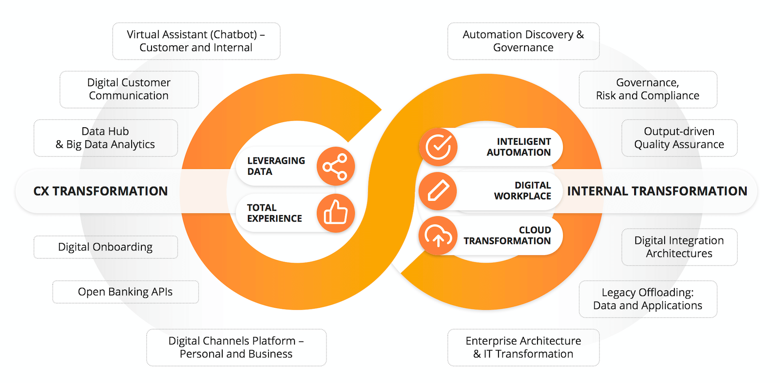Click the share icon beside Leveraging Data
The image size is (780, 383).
pyautogui.click(x=336, y=166)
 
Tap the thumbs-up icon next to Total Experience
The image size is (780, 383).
pyautogui.click(x=336, y=213)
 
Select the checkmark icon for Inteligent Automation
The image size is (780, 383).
pyautogui.click(x=438, y=147)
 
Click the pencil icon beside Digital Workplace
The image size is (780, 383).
pyautogui.click(x=438, y=191)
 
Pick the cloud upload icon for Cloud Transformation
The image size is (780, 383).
pyautogui.click(x=438, y=236)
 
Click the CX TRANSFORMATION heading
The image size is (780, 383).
pyautogui.click(x=100, y=191)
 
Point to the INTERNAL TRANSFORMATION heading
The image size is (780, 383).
pyautogui.click(x=657, y=191)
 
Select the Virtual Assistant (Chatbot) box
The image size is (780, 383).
pyautogui.click(x=196, y=41)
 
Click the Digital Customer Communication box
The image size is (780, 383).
pyautogui.click(x=129, y=89)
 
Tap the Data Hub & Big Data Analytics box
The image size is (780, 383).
pyautogui.click(x=106, y=138)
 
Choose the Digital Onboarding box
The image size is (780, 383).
pyautogui.click(x=106, y=247)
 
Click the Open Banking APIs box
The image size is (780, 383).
pyautogui.click(x=126, y=292)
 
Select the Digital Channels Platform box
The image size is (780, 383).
pyautogui.click(x=236, y=348)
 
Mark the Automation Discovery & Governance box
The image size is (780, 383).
pyautogui.click(x=524, y=41)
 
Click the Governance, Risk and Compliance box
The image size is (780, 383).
pyautogui.click(x=648, y=89)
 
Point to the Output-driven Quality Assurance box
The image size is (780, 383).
pyautogui.click(x=679, y=138)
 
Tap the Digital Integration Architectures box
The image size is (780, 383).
pyautogui.click(x=679, y=247)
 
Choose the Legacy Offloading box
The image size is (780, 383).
pyautogui.click(x=648, y=299)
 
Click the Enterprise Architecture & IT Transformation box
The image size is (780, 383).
pyautogui.click(x=524, y=348)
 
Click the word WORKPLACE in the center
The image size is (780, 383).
pyautogui.click(x=522, y=196)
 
